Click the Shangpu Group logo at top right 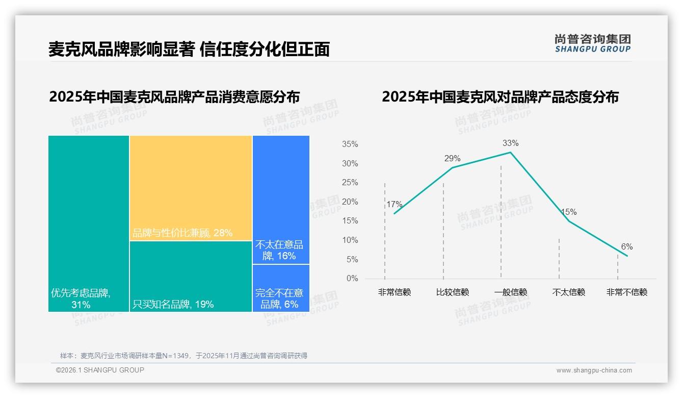(x=592, y=43)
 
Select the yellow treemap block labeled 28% (x=191, y=187)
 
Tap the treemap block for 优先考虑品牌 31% (x=89, y=223)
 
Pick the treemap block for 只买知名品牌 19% (x=191, y=276)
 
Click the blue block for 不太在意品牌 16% (x=281, y=200)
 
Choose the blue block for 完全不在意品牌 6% (x=281, y=288)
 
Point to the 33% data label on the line (x=510, y=143)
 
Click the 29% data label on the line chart (x=452, y=158)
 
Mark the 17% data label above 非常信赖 (x=394, y=205)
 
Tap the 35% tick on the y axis (x=350, y=144)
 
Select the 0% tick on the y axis (x=352, y=279)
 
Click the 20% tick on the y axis (x=350, y=202)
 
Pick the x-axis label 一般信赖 (x=510, y=292)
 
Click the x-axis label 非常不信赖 (x=626, y=292)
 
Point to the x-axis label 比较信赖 (x=452, y=292)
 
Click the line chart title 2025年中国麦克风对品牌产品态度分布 (x=500, y=97)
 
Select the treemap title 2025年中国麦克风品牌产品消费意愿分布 (x=174, y=97)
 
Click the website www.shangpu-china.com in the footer (x=594, y=370)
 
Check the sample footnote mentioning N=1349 (x=183, y=356)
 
